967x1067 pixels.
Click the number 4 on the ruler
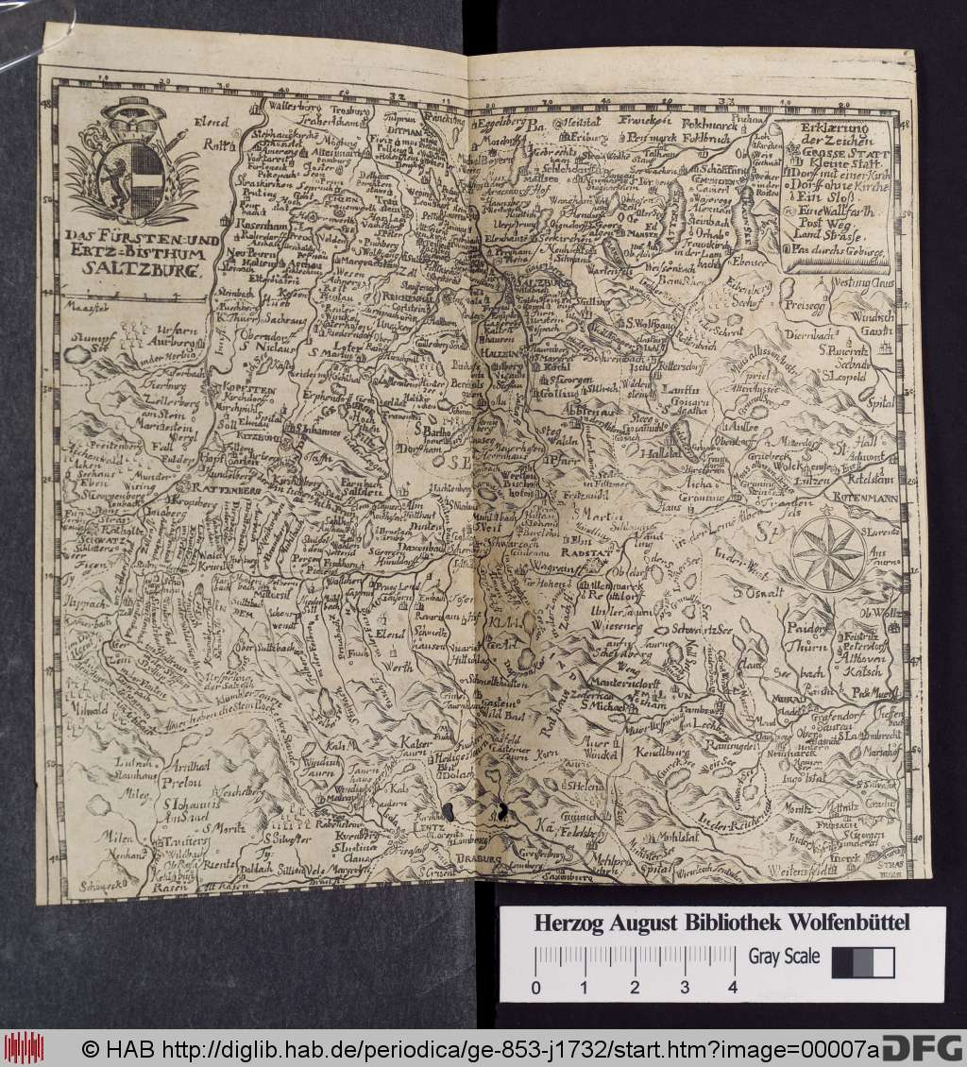[733, 989]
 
